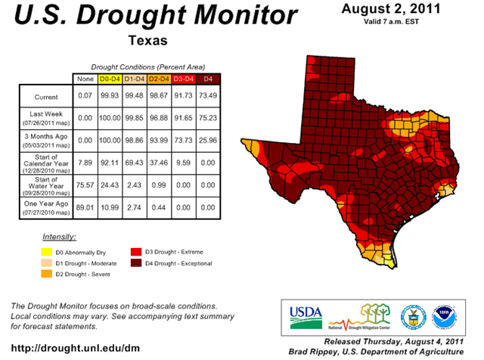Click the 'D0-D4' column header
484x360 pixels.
coord(110,79)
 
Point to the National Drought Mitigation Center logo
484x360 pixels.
coord(361,315)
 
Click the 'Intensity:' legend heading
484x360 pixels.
coord(59,237)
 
